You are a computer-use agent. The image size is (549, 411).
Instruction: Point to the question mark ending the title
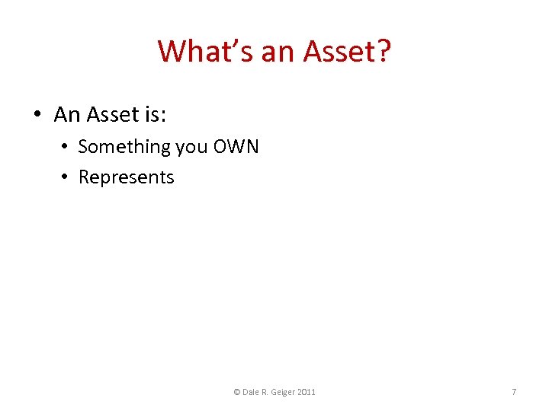click(x=383, y=52)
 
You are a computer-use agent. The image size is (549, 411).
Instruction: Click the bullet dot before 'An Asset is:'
click(x=37, y=115)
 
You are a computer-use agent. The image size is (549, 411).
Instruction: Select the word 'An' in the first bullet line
click(x=67, y=115)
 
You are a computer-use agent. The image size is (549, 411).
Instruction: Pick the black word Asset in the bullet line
click(x=112, y=115)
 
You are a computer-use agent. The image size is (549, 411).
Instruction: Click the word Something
click(x=124, y=146)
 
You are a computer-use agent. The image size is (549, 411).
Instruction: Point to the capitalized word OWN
click(x=236, y=146)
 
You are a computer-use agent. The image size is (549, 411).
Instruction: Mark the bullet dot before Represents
click(x=66, y=177)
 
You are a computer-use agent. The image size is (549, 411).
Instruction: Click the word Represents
click(x=127, y=178)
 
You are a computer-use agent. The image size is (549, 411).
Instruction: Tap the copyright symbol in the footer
click(x=236, y=392)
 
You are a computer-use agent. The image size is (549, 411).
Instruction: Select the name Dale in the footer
click(x=252, y=392)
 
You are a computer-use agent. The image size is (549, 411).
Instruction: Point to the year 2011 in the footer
click(x=308, y=392)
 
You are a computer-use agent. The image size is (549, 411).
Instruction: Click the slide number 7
click(x=514, y=392)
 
